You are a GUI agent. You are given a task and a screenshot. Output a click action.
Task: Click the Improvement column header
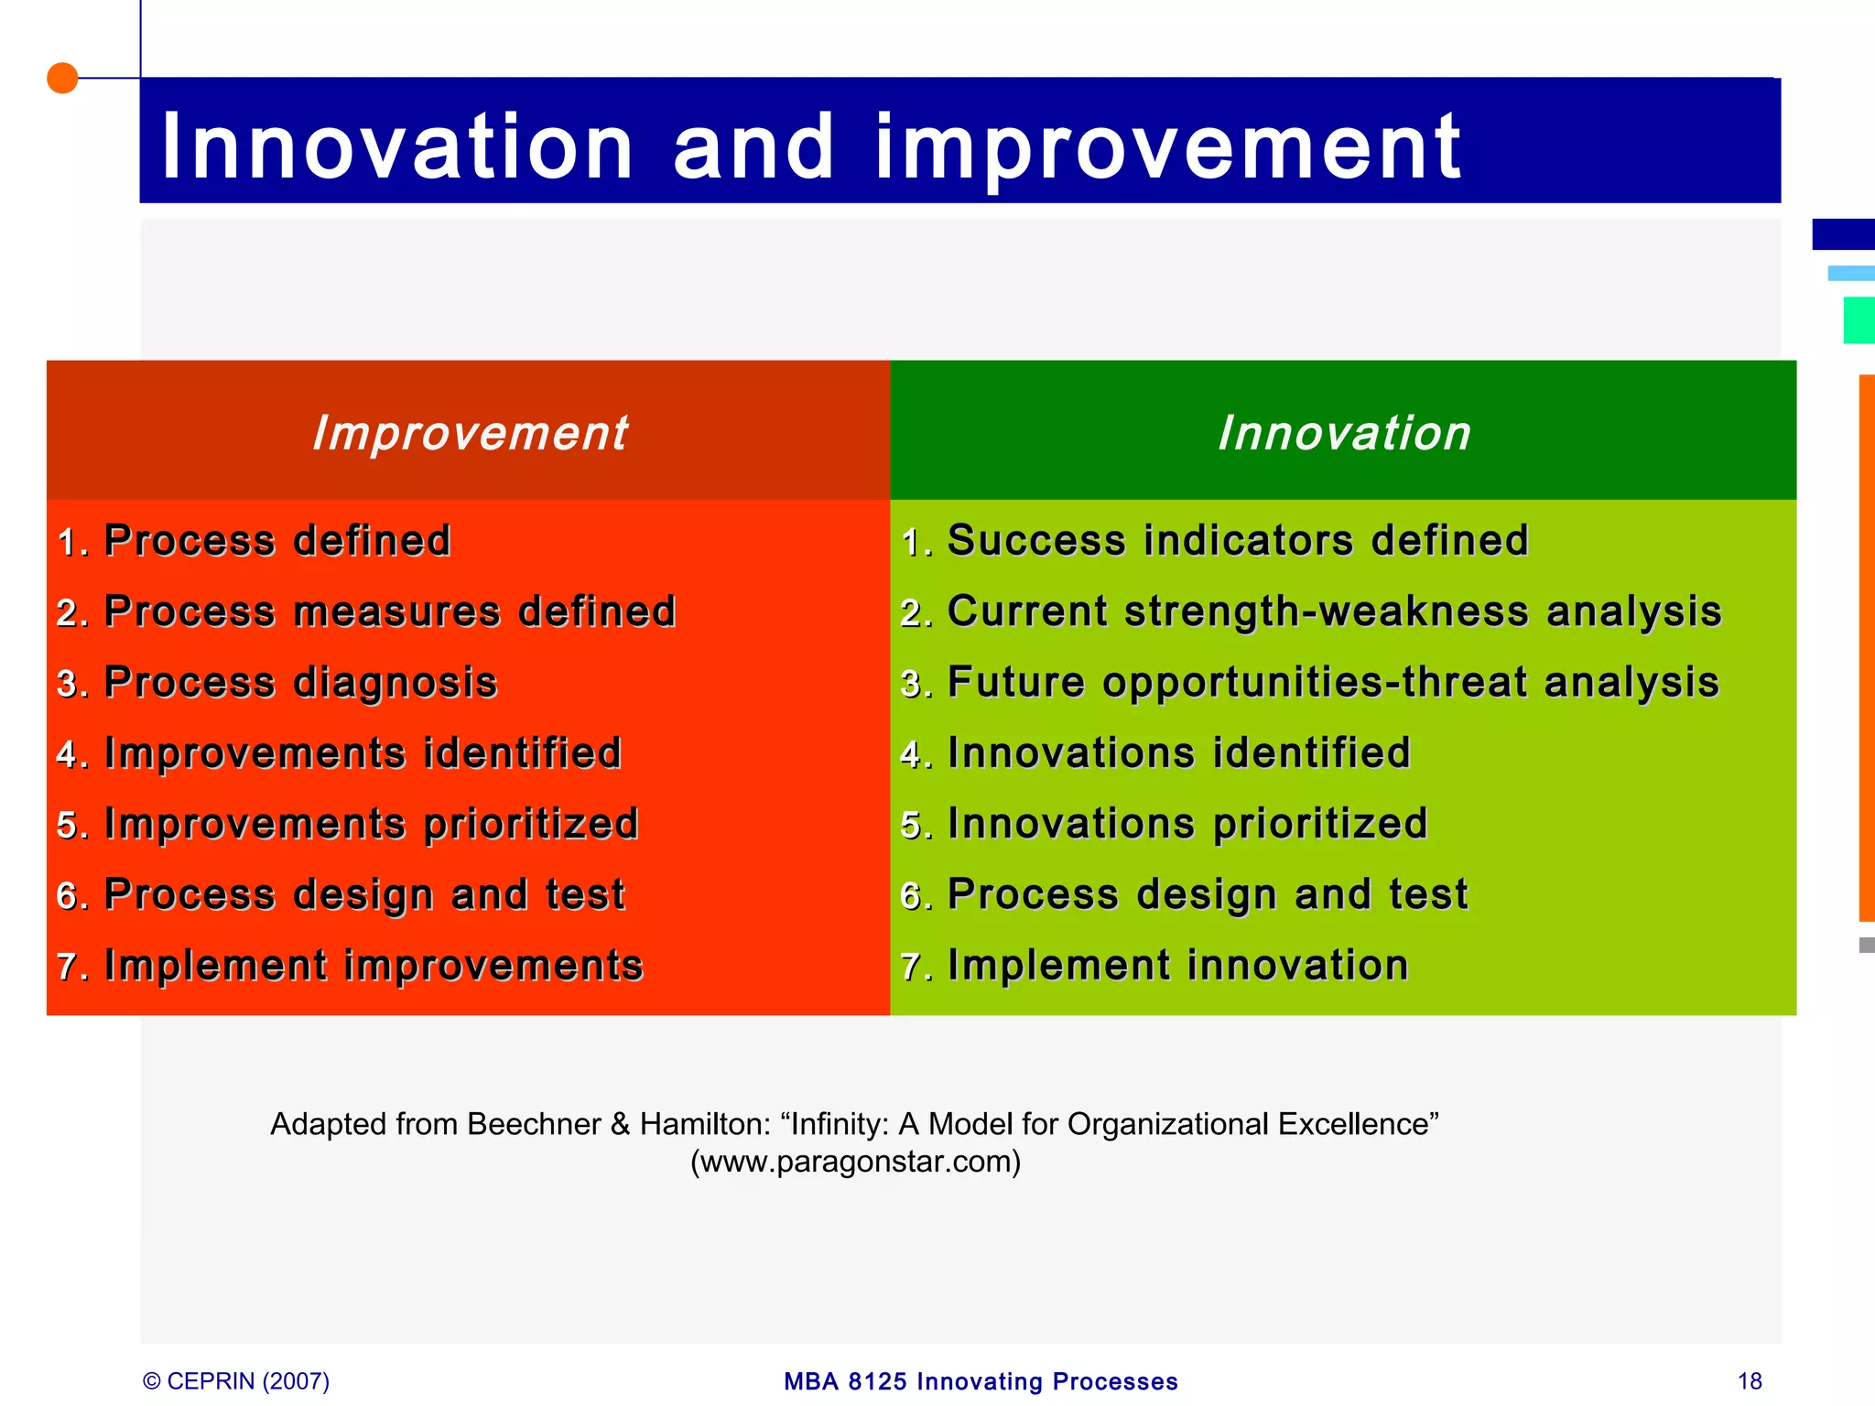pyautogui.click(x=469, y=432)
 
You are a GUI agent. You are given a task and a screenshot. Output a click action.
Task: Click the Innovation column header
pyautogui.click(x=1343, y=432)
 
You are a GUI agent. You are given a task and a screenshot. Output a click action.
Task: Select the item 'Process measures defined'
pyautogui.click(x=389, y=611)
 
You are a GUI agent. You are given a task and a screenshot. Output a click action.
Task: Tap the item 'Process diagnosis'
pyautogui.click(x=299, y=683)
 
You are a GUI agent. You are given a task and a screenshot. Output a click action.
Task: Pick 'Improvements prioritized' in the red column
pyautogui.click(x=371, y=824)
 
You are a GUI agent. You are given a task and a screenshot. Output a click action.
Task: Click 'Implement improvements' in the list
pyautogui.click(x=373, y=966)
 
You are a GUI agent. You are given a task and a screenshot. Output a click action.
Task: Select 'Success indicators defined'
pyautogui.click(x=1237, y=540)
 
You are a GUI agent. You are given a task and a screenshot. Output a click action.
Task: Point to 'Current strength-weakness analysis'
pyautogui.click(x=1333, y=611)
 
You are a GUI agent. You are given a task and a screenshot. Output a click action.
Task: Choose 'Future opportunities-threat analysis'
pyautogui.click(x=1332, y=683)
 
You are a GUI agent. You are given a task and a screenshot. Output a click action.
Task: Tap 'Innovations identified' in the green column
pyautogui.click(x=1178, y=753)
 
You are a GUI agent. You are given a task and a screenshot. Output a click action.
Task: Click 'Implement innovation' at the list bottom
pyautogui.click(x=1177, y=966)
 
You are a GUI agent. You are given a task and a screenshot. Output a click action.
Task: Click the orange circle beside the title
pyautogui.click(x=62, y=79)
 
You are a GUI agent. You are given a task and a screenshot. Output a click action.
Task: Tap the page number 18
pyautogui.click(x=1749, y=1381)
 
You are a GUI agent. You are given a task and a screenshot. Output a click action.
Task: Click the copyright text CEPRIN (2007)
pyautogui.click(x=237, y=1381)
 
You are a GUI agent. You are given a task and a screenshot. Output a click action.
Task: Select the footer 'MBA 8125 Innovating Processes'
pyautogui.click(x=981, y=1381)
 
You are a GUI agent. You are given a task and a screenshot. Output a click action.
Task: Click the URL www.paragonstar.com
pyautogui.click(x=855, y=1162)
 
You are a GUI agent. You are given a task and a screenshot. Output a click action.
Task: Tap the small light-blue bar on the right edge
pyautogui.click(x=1850, y=273)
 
